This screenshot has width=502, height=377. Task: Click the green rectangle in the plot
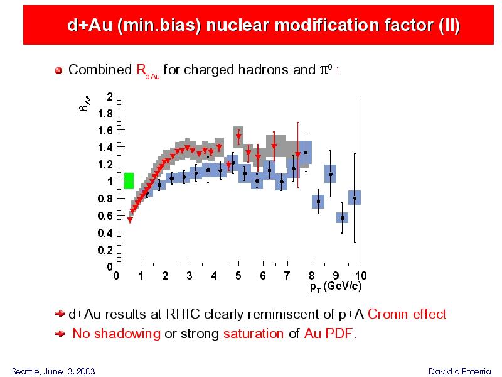(x=129, y=181)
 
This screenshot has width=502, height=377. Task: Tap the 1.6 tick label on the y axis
(x=105, y=131)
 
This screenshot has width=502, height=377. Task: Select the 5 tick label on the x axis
(x=238, y=275)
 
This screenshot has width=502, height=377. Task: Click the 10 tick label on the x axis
(x=360, y=275)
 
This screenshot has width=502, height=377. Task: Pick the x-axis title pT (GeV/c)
(x=336, y=287)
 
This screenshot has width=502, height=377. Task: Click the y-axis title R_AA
(x=85, y=104)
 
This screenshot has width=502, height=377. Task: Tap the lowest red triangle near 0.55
(x=130, y=220)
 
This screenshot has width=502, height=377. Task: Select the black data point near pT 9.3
(x=343, y=218)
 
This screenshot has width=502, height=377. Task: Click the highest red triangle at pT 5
(x=238, y=136)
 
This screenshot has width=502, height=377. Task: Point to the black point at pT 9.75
(x=355, y=198)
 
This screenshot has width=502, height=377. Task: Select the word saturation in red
(x=254, y=334)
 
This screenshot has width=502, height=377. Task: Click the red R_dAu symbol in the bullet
(x=147, y=71)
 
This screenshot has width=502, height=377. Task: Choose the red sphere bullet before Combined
(x=58, y=70)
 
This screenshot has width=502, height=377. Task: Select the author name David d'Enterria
(x=459, y=371)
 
